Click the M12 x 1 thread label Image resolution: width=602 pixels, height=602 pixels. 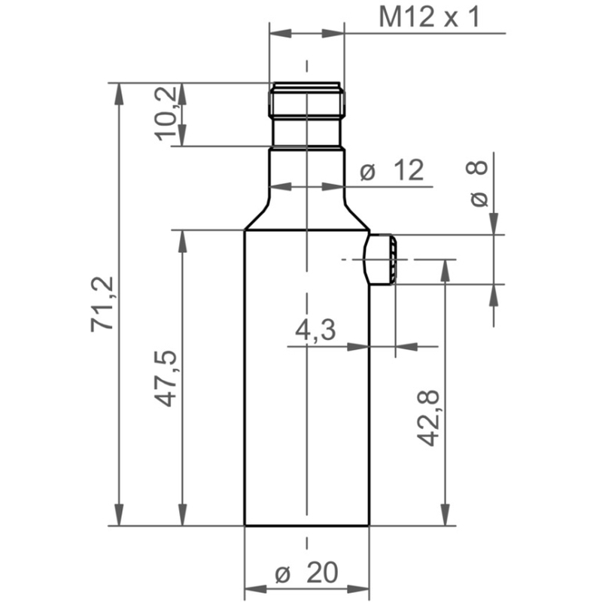[429, 17]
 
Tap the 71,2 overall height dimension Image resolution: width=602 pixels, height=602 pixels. [102, 304]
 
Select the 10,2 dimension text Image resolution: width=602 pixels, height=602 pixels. [166, 114]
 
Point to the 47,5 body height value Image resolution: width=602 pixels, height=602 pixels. [166, 379]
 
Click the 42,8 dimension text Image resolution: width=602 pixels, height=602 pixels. [427, 418]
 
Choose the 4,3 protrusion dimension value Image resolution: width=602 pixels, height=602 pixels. [315, 330]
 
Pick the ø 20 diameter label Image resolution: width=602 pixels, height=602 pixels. [307, 573]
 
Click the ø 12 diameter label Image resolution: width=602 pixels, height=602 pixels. [392, 170]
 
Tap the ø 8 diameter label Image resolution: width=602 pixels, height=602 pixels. [477, 184]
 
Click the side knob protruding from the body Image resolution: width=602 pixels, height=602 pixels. [381, 259]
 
